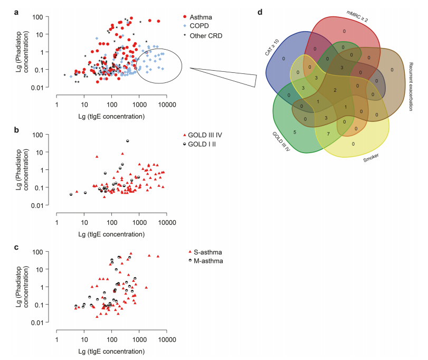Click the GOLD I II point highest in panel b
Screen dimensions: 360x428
coord(127,141)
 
